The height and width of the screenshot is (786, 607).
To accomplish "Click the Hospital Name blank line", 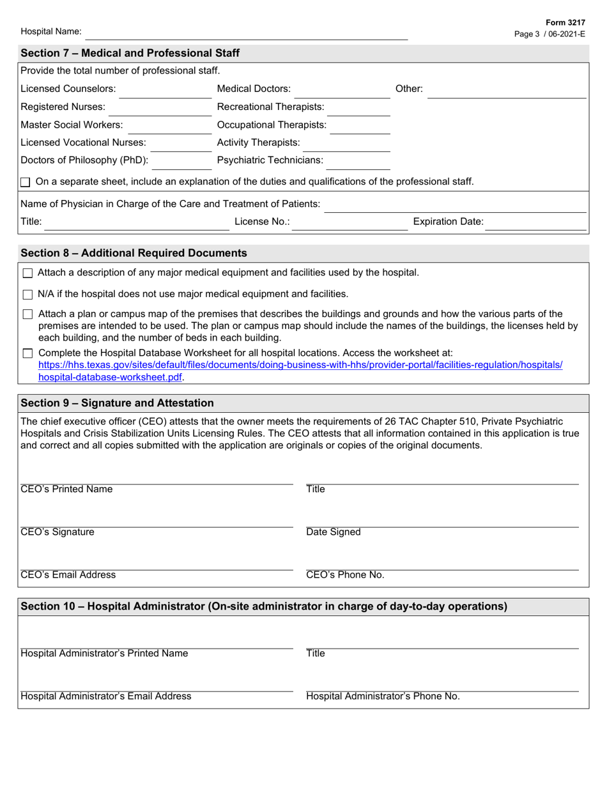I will coord(246,33).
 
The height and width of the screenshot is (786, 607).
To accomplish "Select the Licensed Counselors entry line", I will coord(165,91).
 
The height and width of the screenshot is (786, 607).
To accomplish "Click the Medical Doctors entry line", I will coord(342,91).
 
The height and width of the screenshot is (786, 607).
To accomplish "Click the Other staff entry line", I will coord(506,91).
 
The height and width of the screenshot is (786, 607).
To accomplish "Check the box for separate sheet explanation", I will coord(26,183).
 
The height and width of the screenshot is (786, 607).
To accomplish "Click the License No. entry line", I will coord(342,223).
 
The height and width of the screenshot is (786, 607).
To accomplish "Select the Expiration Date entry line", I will coord(537,223).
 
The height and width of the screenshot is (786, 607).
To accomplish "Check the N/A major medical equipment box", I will coord(27,295).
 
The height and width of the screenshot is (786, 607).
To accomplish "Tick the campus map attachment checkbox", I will coord(27,314).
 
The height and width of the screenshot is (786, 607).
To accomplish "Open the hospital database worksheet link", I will coord(300,366).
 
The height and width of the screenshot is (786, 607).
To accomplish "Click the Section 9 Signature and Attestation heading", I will coord(118,403).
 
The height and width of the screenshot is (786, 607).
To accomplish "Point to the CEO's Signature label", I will coord(58,532).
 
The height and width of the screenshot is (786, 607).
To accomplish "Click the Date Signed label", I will coord(333,532).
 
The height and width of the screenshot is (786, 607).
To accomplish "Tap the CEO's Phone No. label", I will coord(345,575).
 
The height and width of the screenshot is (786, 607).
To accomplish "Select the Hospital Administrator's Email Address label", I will coord(105,697).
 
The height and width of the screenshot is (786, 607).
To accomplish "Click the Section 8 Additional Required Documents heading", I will coord(134,253).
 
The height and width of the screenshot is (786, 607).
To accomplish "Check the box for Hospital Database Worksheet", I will coord(27,353).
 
